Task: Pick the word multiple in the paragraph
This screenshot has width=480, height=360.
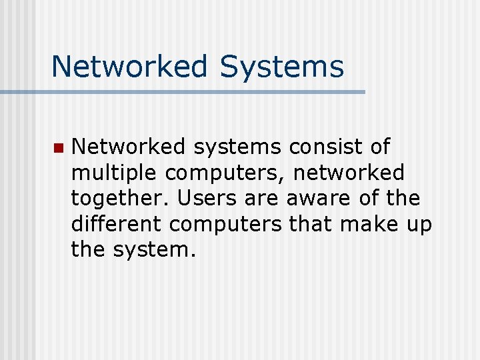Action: click(115, 173)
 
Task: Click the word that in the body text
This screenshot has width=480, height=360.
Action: click(312, 224)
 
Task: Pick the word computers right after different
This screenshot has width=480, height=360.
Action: click(225, 225)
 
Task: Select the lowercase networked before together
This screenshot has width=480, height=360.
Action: click(349, 173)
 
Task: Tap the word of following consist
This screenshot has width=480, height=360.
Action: click(377, 147)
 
